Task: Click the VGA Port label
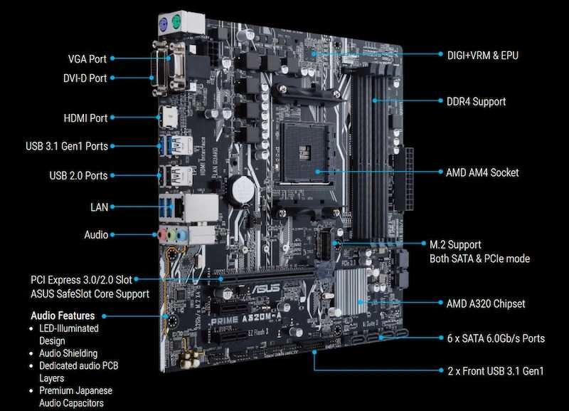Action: [x=87, y=59]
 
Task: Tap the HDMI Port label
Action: [x=85, y=118]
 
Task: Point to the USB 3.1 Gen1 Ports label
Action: [x=67, y=146]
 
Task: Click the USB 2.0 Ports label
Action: [x=78, y=175]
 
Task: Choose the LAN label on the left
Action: [x=99, y=207]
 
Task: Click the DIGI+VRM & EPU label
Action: [x=482, y=54]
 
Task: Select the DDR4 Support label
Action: [x=476, y=101]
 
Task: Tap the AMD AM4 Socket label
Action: [x=482, y=172]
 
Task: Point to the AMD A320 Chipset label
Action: [x=485, y=303]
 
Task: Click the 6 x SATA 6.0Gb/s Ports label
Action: [x=496, y=338]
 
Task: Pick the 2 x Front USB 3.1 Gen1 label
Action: [x=495, y=371]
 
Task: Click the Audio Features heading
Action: [x=63, y=316]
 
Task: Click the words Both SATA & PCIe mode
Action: [x=479, y=259]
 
